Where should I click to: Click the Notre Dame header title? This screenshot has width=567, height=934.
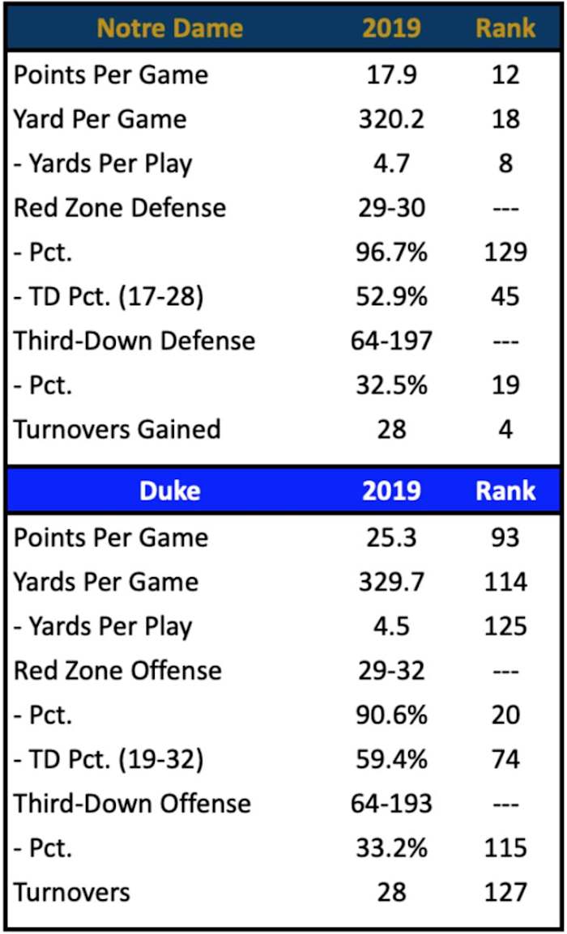click(x=169, y=29)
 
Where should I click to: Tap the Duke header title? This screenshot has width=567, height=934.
click(x=169, y=490)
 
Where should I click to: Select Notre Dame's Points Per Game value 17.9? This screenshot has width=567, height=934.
click(x=391, y=75)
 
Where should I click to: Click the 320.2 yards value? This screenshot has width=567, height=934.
click(x=391, y=120)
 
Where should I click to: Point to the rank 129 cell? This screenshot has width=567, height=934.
click(x=505, y=253)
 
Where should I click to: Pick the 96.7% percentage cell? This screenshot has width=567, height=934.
click(x=391, y=253)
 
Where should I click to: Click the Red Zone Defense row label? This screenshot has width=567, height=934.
click(x=119, y=208)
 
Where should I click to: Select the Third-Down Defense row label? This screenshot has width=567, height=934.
click(x=134, y=341)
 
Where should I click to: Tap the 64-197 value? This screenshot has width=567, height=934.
click(x=391, y=341)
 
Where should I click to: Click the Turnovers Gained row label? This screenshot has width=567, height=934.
click(x=117, y=429)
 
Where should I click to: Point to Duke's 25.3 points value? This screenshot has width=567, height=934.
click(x=391, y=538)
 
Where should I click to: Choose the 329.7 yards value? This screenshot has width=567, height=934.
click(x=391, y=583)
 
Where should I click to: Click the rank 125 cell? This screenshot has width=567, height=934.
click(x=505, y=626)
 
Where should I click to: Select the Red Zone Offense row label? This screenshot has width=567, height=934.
click(x=117, y=671)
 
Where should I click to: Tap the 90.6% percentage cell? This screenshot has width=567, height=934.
click(x=391, y=715)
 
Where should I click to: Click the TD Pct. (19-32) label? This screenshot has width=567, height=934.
click(x=109, y=759)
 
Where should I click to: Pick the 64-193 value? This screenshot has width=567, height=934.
click(x=391, y=804)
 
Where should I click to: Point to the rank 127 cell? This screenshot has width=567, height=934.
click(x=505, y=892)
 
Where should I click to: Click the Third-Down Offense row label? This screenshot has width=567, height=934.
click(x=132, y=804)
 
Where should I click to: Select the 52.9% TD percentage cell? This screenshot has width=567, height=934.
click(x=391, y=296)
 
